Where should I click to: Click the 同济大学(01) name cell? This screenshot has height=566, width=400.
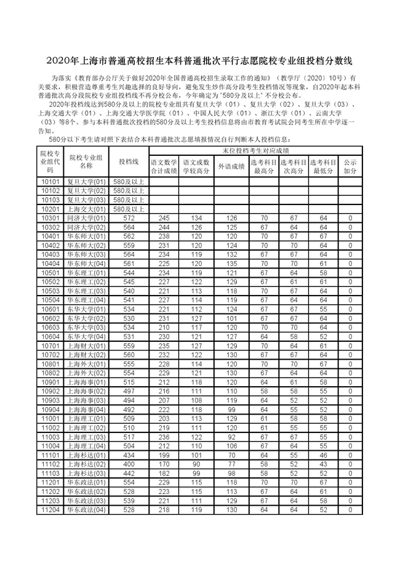pyautogui.click(x=86, y=218)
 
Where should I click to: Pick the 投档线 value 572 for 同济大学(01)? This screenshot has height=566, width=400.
pyautogui.click(x=129, y=218)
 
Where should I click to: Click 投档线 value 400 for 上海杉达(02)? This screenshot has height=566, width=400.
pyautogui.click(x=129, y=464)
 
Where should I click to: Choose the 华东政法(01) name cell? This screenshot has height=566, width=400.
pyautogui.click(x=86, y=482)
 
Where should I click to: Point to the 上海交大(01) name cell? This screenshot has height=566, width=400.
pyautogui.click(x=86, y=209)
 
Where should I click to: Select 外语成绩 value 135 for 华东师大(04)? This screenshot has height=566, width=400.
pyautogui.click(x=231, y=263)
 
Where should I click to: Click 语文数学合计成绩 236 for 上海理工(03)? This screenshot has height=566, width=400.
pyautogui.click(x=164, y=437)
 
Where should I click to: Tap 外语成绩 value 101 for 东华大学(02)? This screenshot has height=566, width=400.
pyautogui.click(x=231, y=318)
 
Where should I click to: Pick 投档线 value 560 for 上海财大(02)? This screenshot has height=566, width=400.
pyautogui.click(x=129, y=355)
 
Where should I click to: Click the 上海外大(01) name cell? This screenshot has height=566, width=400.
pyautogui.click(x=86, y=364)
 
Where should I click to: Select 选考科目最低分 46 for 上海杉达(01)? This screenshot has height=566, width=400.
pyautogui.click(x=324, y=455)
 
